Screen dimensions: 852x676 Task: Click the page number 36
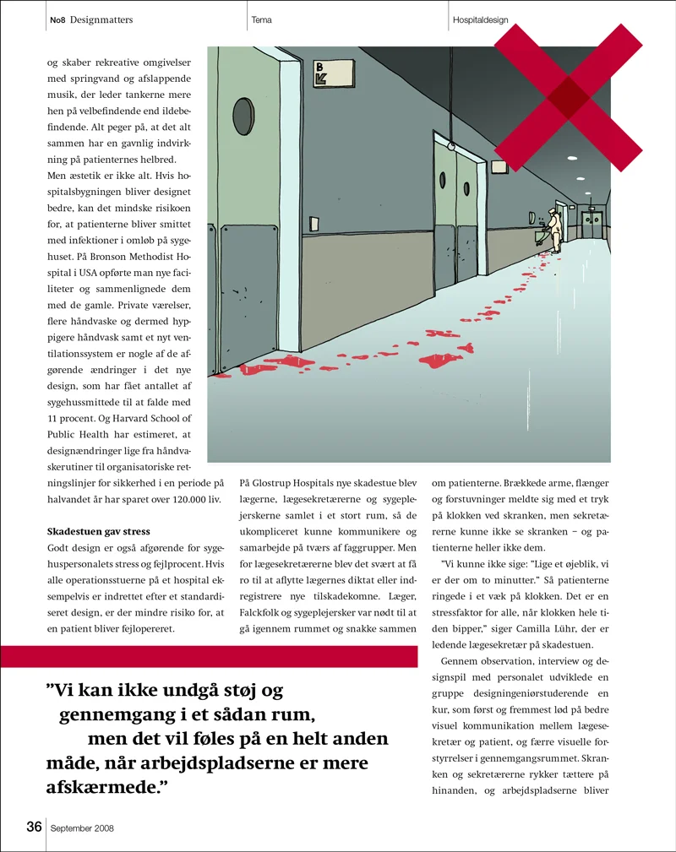34,827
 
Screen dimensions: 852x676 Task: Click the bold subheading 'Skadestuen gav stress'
97,531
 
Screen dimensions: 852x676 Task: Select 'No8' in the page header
57,19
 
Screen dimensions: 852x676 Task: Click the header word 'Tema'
262,19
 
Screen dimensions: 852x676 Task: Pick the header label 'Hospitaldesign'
480,19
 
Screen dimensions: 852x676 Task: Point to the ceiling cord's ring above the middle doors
451,145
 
